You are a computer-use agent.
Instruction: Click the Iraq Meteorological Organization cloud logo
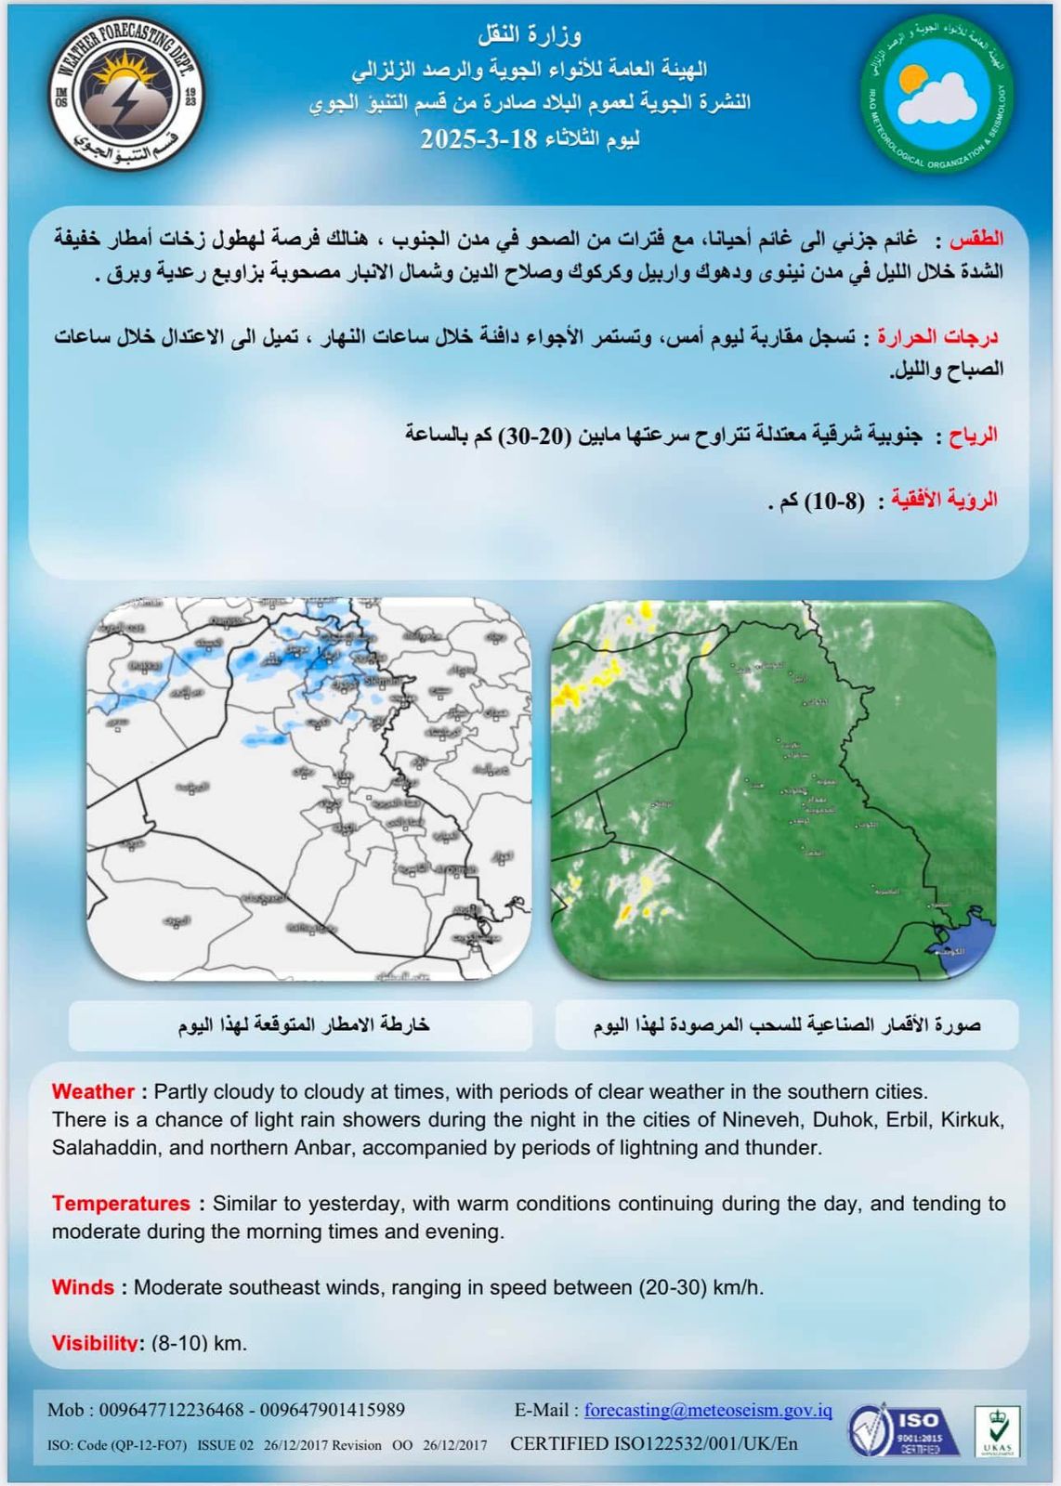coord(937,93)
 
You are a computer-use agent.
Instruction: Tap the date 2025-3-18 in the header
coord(478,139)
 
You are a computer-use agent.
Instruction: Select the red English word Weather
coord(93,1091)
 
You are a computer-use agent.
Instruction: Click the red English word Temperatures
coord(121,1204)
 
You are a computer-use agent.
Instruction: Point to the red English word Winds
coord(83,1287)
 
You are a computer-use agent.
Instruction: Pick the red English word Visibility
coord(95,1343)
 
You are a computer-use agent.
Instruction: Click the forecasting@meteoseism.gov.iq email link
coord(708,1410)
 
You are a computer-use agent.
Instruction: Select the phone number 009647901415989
coord(333,1410)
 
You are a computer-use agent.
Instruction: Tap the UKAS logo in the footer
coord(997,1431)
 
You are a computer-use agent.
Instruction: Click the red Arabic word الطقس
coord(976,240)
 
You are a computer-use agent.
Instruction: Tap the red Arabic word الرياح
coord(973,435)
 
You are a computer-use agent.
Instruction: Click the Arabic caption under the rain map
coord(303,1024)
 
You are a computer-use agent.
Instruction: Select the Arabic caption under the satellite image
coord(787,1024)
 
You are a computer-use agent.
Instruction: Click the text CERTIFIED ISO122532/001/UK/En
coord(653,1444)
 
